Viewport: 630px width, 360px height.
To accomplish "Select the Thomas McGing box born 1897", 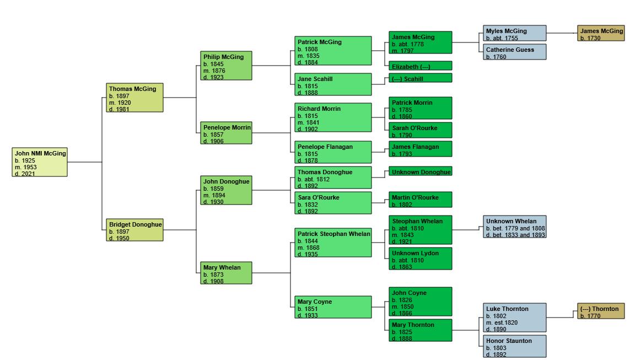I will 135,98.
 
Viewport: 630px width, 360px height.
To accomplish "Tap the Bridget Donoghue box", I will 135,230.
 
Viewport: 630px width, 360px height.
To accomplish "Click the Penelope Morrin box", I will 226,133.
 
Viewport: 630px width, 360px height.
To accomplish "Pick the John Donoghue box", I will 226,190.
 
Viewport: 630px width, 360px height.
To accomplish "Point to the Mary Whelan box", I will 226,273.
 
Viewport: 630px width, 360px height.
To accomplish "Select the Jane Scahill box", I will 333,84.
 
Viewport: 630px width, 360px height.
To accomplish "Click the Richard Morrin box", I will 333,117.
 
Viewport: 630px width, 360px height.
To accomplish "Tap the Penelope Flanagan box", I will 333,152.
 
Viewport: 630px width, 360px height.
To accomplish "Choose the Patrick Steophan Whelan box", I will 333,243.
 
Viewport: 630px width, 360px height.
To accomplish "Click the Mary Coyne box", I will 333,307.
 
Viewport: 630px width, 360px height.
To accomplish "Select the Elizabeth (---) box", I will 420,66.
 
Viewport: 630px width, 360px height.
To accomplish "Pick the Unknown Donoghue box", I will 420,171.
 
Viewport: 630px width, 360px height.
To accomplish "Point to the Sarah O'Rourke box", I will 420,130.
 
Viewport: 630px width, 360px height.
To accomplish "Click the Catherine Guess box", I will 515,52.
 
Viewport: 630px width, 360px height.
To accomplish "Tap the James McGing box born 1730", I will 601,33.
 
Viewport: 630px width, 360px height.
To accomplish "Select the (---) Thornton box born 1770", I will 601,311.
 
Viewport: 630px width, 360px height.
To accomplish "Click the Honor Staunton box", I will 515,347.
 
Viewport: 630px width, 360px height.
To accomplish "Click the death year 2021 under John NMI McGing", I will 25,174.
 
